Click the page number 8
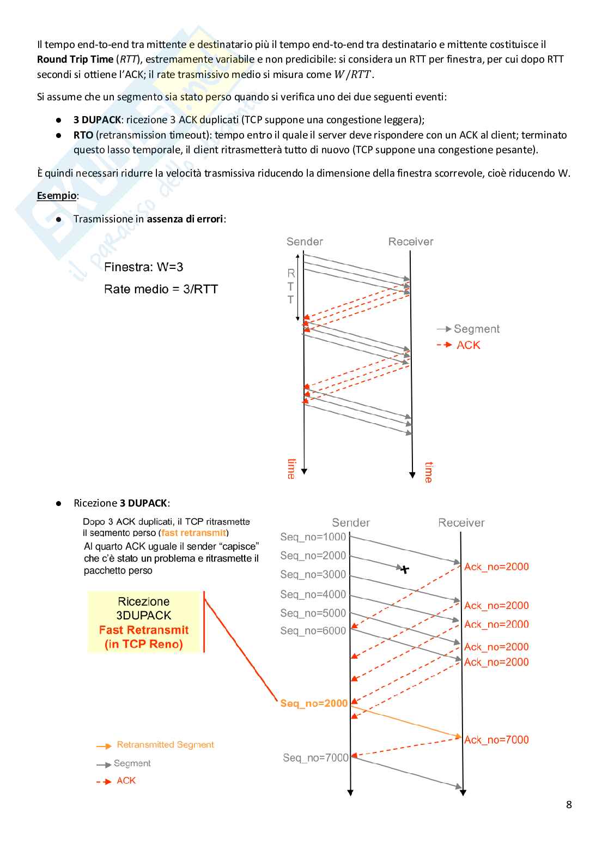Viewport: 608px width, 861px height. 569,804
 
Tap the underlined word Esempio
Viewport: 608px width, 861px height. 56,195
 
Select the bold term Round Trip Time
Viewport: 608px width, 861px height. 75,59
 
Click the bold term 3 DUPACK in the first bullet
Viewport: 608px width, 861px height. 97,120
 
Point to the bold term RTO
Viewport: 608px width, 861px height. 83,135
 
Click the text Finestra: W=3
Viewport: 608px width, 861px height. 143,267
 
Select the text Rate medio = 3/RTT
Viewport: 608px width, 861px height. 161,290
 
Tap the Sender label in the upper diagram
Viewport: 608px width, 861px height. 305,242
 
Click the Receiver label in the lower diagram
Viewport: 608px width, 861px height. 461,522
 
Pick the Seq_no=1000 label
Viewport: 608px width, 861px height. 313,537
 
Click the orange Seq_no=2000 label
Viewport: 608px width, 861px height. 314,703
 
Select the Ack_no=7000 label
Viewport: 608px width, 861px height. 496,739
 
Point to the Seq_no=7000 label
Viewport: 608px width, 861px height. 315,758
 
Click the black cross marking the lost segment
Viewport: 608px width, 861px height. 404,569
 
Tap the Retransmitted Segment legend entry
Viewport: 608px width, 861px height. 165,745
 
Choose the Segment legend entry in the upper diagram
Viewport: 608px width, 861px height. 476,329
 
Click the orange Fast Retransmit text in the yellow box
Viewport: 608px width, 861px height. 144,630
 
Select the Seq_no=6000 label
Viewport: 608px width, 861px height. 313,631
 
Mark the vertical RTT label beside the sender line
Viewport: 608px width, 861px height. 291,286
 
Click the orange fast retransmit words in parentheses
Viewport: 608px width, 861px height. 193,533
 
